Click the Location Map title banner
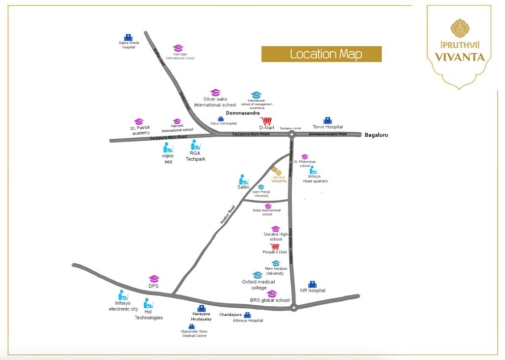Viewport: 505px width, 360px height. pyautogui.click(x=321, y=54)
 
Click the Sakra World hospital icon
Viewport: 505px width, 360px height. pyautogui.click(x=128, y=37)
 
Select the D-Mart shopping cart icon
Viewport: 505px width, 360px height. pyautogui.click(x=266, y=121)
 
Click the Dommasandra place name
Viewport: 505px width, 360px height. pyautogui.click(x=243, y=113)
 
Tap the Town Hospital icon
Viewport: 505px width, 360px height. pyautogui.click(x=327, y=120)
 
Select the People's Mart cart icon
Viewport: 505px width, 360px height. pyautogui.click(x=275, y=247)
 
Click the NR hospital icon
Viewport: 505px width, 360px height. pyautogui.click(x=312, y=285)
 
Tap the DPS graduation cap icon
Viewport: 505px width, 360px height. pyautogui.click(x=154, y=279)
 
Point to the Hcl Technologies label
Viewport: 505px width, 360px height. pyautogui.click(x=148, y=315)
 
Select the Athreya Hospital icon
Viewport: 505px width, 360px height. pyautogui.click(x=248, y=315)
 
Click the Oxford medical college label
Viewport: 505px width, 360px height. pyautogui.click(x=258, y=285)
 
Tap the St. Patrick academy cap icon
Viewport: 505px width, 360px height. pyautogui.click(x=139, y=121)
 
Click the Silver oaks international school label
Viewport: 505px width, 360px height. pyautogui.click(x=216, y=102)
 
